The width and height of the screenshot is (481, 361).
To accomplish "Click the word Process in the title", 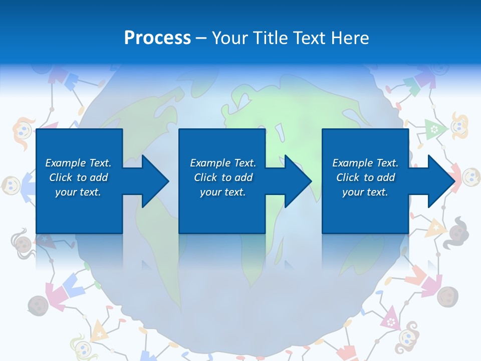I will click(157, 38).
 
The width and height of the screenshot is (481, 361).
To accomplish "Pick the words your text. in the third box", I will click(365, 192).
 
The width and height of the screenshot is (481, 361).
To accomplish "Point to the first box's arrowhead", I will click(155, 181).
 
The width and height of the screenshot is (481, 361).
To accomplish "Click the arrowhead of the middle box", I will click(298, 181).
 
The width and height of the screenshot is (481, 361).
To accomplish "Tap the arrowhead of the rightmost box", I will click(441, 181).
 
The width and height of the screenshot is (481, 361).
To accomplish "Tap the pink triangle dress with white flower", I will click(390, 318).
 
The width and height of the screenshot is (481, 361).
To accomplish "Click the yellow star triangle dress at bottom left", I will click(99, 331).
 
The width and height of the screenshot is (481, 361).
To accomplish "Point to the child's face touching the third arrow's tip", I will click(470, 176).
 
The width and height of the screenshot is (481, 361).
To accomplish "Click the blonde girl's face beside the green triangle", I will click(459, 126).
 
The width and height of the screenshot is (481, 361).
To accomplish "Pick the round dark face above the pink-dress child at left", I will click(36, 304).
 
